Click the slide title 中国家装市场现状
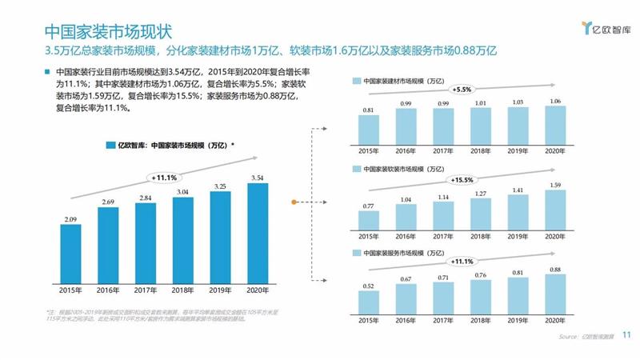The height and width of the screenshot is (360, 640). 107,31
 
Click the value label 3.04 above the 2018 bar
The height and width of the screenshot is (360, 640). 182,192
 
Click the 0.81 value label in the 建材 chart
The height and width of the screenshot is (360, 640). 369,110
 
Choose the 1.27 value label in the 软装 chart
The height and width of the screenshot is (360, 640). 481,193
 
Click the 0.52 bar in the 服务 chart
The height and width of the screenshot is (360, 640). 369,302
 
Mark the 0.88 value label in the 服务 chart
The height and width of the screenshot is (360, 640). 555,270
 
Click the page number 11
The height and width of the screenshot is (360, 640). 626,336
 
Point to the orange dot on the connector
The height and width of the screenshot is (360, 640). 295,201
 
